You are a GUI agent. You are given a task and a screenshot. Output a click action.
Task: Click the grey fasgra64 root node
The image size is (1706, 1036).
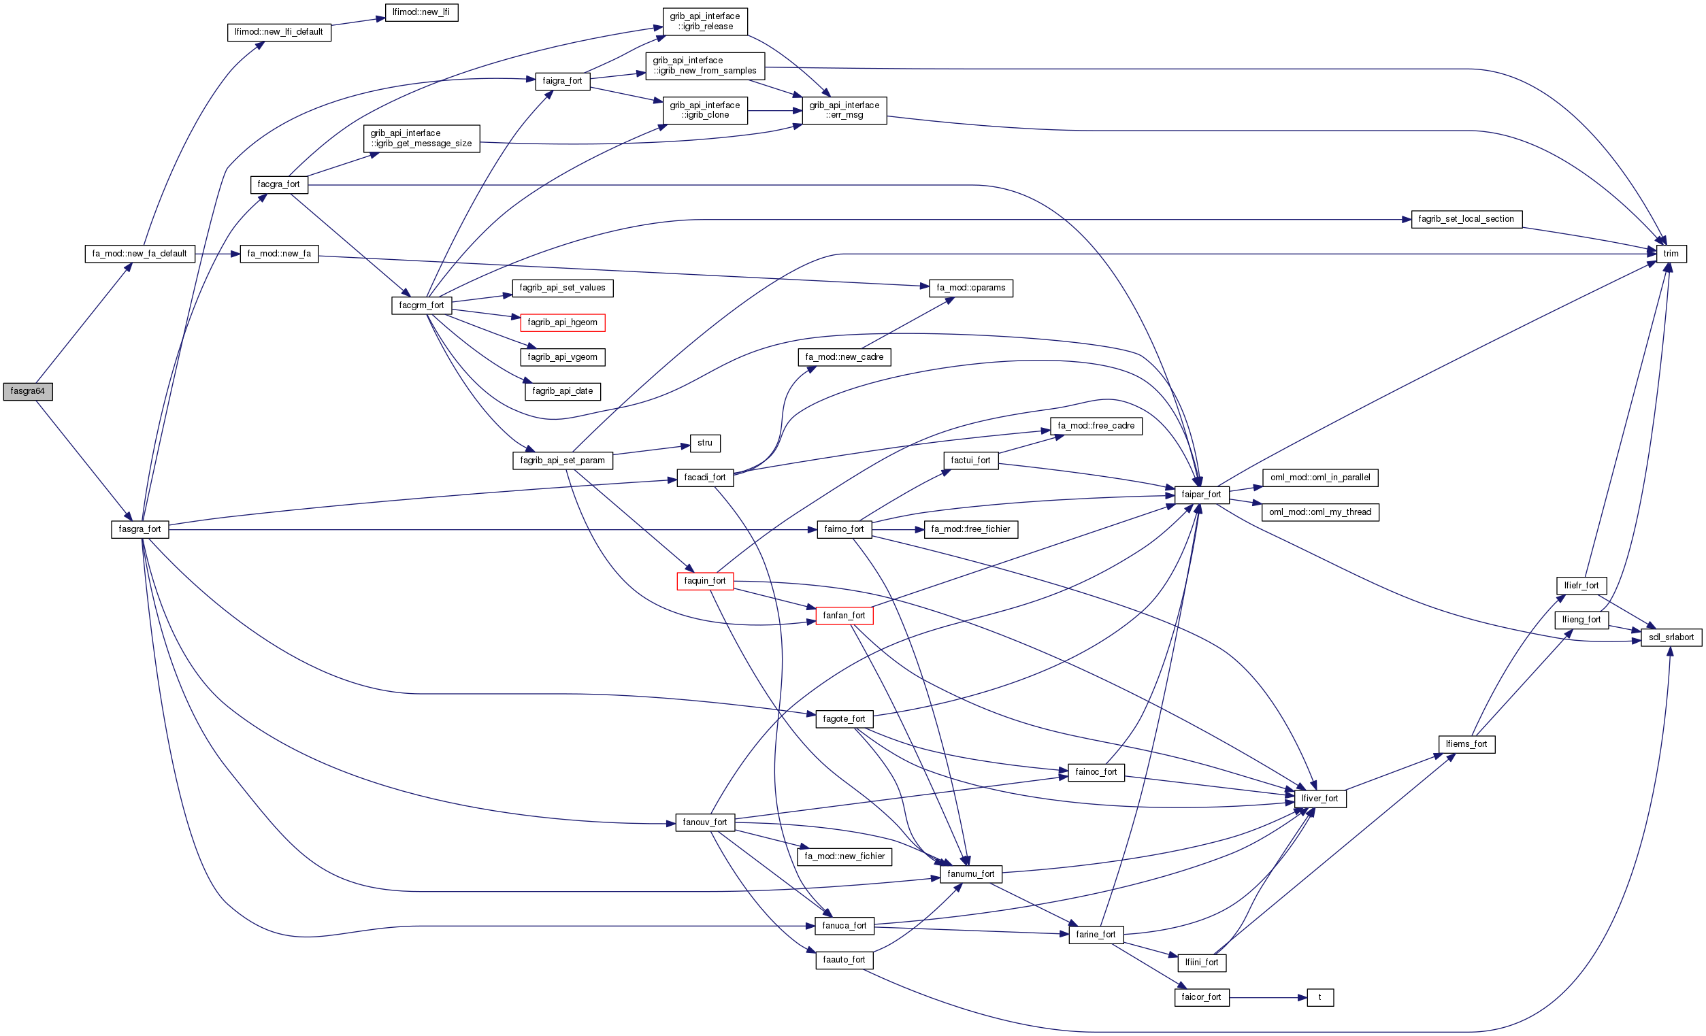(x=28, y=392)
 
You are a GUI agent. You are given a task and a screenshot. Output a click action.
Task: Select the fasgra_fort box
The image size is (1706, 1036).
(x=140, y=529)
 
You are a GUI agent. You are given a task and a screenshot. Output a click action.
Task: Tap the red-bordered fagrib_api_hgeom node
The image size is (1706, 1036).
(x=562, y=322)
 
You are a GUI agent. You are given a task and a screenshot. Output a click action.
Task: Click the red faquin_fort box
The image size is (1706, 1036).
(x=705, y=582)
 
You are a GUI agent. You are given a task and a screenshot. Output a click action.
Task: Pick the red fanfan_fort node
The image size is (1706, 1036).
(x=844, y=616)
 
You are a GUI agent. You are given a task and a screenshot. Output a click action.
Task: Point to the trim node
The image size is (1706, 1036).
(x=1671, y=254)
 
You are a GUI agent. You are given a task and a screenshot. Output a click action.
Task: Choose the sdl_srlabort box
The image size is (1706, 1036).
(x=1671, y=637)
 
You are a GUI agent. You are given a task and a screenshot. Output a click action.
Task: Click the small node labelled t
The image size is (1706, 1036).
(x=1319, y=998)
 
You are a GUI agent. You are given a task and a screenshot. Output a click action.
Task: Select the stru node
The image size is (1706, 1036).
(x=705, y=444)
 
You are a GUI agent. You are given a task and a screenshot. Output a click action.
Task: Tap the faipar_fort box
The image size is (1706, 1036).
(x=1201, y=495)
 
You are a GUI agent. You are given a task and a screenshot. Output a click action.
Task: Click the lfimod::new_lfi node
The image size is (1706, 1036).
(x=421, y=12)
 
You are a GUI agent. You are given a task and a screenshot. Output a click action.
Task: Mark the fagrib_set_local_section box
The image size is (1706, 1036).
(x=1466, y=220)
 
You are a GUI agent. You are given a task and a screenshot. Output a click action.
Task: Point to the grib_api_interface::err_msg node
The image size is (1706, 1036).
(x=844, y=111)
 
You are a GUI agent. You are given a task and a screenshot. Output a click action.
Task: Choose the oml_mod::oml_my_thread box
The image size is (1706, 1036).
(x=1319, y=513)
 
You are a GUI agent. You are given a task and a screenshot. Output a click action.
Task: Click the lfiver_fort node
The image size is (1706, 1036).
(x=1319, y=799)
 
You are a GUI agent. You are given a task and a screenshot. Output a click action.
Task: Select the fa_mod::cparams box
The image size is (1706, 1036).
(x=970, y=288)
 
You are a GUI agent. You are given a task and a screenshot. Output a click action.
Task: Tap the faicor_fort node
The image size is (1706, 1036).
(x=1201, y=998)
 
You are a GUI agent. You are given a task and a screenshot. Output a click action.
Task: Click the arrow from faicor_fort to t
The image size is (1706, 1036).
(x=1268, y=998)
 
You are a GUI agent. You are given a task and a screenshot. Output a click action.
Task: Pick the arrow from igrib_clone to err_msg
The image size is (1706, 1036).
(x=774, y=111)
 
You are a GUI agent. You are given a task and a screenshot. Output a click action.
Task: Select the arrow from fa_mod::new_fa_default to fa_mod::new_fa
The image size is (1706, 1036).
(x=217, y=254)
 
